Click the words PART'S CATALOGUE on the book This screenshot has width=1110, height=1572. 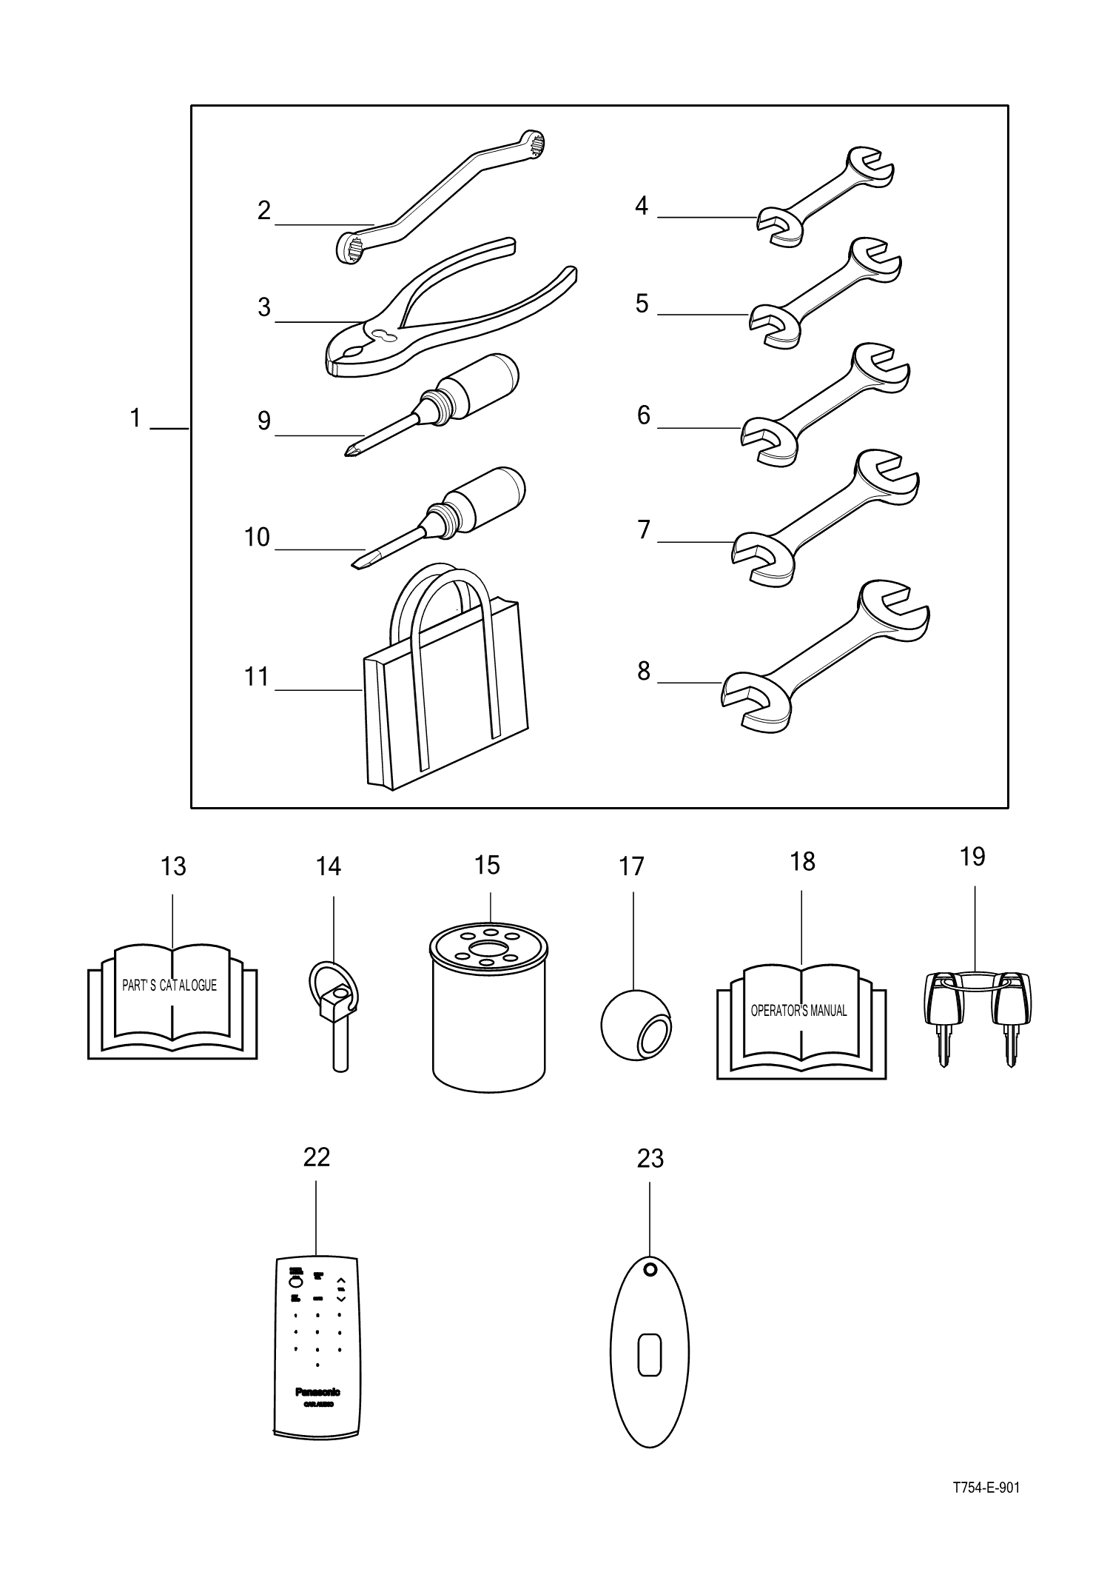169,986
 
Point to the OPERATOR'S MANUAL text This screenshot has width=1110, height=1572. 798,1011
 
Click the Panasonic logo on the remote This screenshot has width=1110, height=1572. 317,1392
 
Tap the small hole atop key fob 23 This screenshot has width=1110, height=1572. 650,1270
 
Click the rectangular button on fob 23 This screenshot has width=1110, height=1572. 649,1354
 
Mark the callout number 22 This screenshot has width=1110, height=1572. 316,1157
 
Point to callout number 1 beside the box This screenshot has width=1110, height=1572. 135,419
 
